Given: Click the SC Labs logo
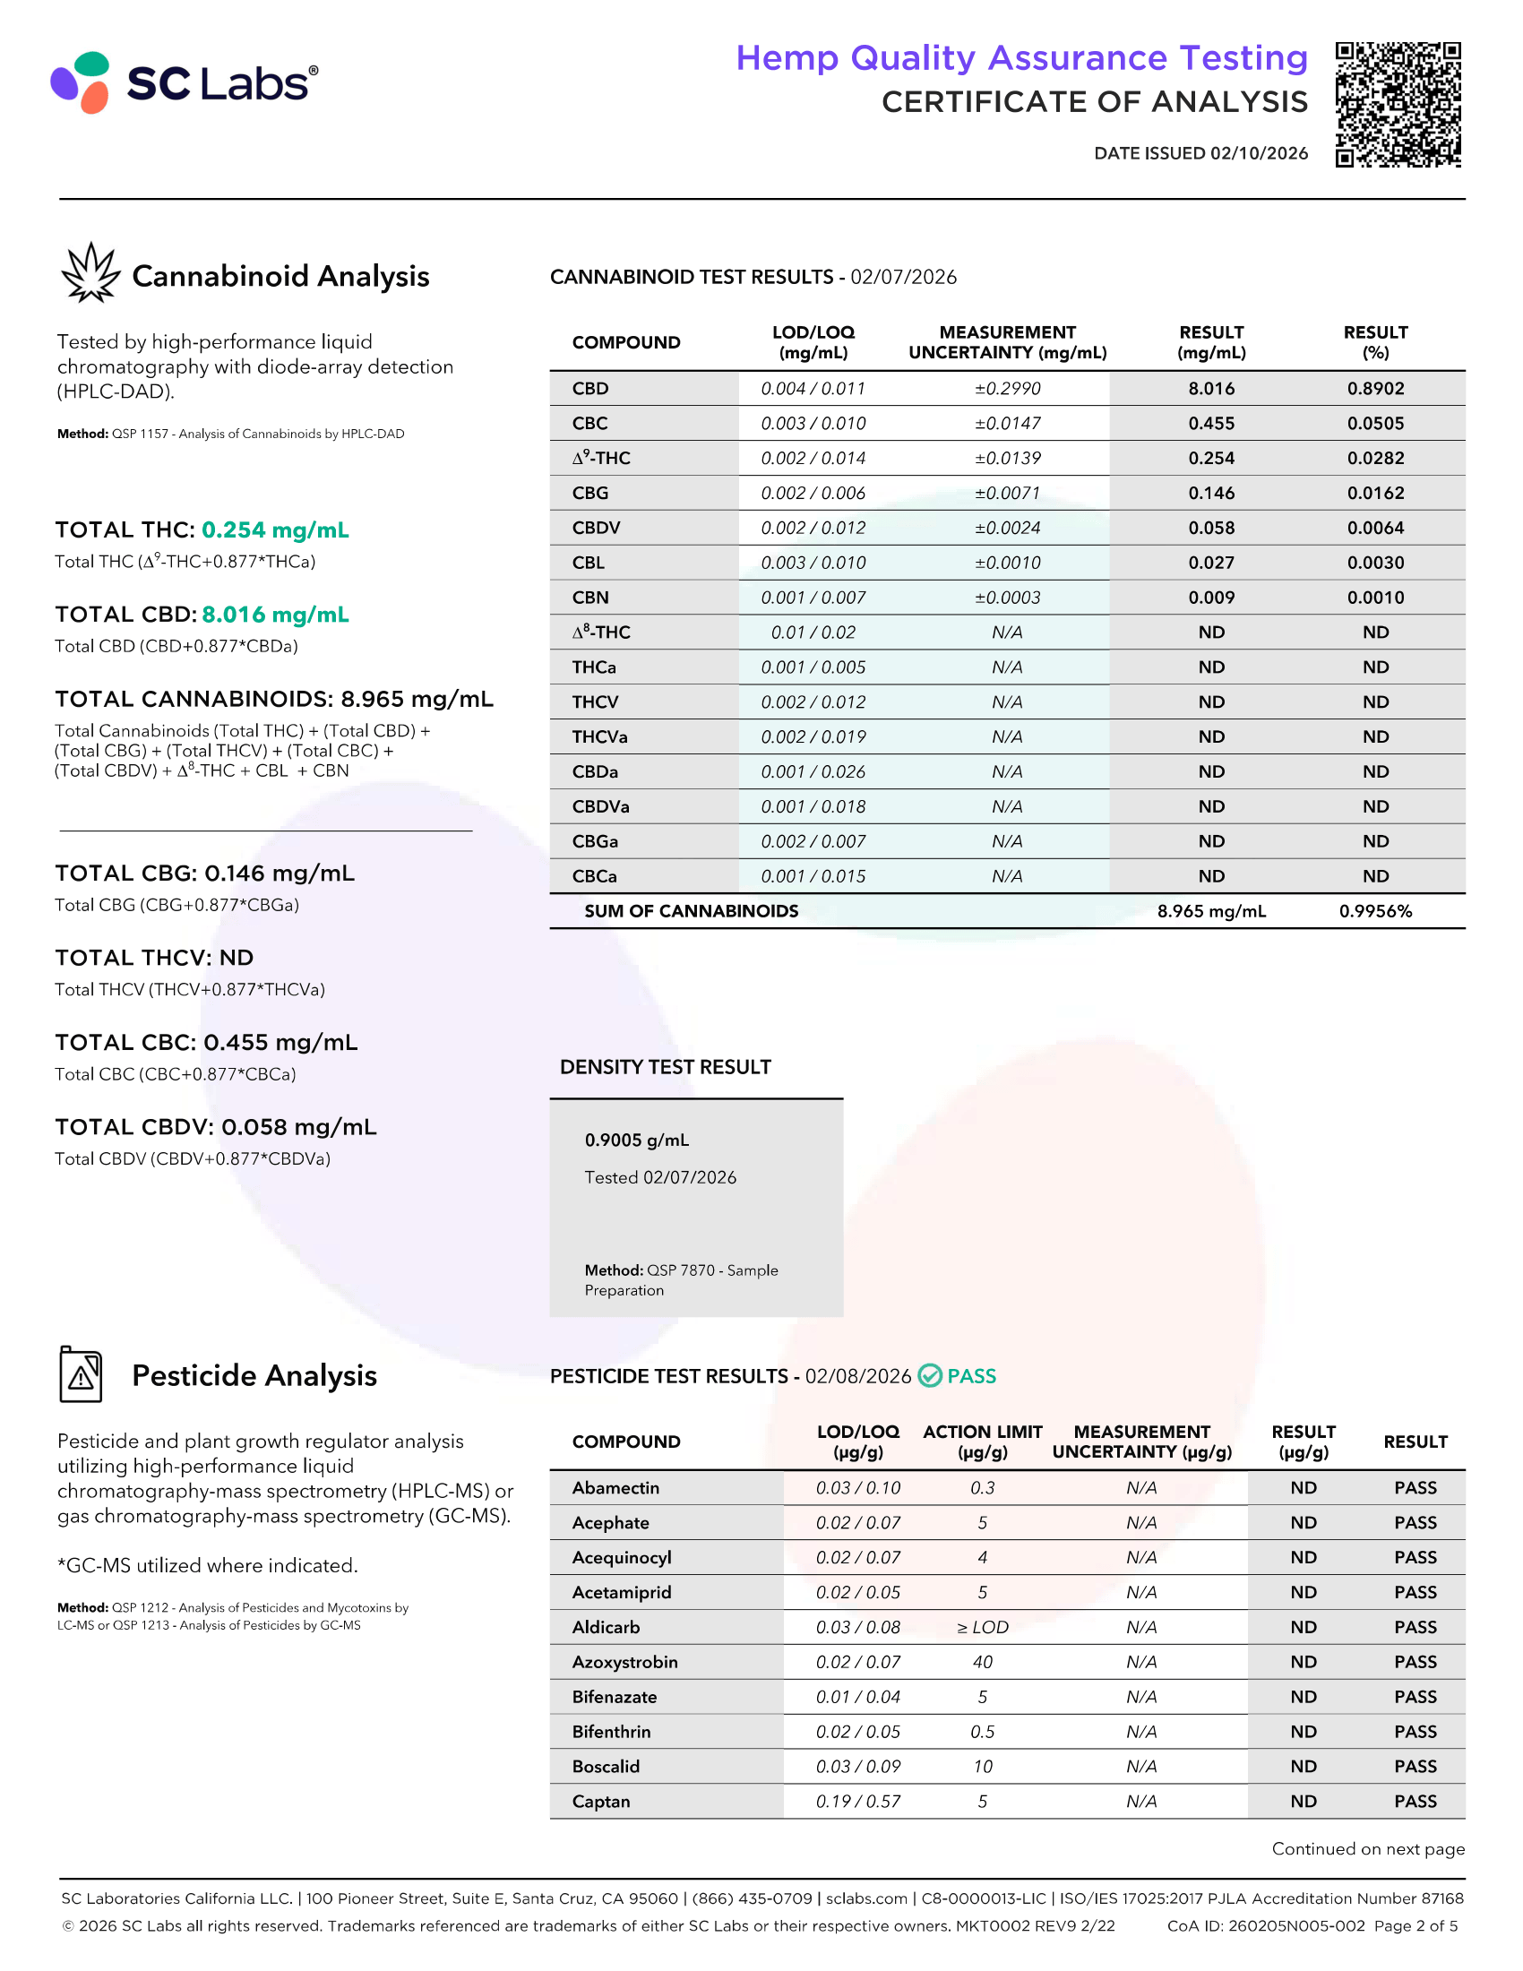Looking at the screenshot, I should [x=184, y=82].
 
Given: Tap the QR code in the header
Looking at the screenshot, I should [x=1398, y=105].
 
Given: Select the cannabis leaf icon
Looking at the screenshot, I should [x=90, y=272].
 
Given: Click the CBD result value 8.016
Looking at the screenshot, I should [x=1211, y=389].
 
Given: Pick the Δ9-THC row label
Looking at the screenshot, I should [x=601, y=459].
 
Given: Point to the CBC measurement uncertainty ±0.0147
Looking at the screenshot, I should [x=1007, y=423].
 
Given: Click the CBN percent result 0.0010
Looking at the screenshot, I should [x=1375, y=598].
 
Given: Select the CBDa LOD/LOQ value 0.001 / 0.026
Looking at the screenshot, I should [x=813, y=771].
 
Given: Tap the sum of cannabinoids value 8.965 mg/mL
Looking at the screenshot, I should [x=1211, y=911].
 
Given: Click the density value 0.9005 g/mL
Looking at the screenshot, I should [x=637, y=1140].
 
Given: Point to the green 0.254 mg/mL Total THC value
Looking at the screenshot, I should [x=275, y=529].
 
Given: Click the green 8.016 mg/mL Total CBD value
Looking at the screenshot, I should [x=275, y=615].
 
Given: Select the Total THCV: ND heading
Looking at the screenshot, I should [x=154, y=958].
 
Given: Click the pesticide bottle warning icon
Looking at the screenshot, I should [x=82, y=1374].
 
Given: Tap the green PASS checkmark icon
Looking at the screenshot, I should [x=930, y=1375].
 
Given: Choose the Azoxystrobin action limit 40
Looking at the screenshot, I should [x=983, y=1662].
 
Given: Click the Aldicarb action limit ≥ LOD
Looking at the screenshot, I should [x=983, y=1627].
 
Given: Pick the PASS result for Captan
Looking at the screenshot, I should [x=1415, y=1802].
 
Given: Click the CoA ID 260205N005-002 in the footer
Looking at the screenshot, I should [x=1266, y=1926].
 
